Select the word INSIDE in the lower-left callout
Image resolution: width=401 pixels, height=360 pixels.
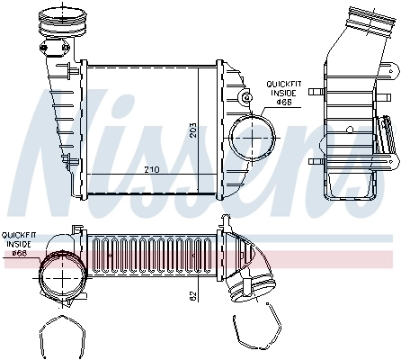point(18,244)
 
